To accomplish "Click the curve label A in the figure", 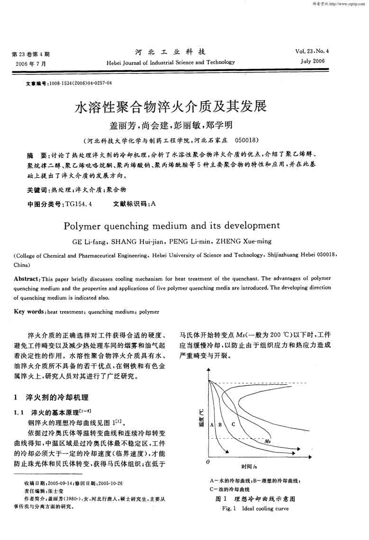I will pos(211,424).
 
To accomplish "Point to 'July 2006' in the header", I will pos(312,61).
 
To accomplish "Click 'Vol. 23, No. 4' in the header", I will pos(312,51).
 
